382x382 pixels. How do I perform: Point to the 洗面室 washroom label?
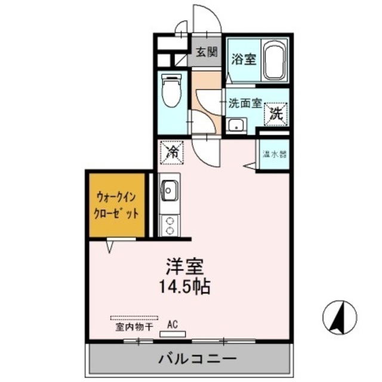[245, 102]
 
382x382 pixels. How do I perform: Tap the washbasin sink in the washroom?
[236, 125]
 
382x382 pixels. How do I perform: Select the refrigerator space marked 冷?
[171, 152]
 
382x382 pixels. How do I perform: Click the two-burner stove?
[170, 224]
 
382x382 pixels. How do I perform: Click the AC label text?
[172, 325]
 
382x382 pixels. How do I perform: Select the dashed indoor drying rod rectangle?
[134, 318]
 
